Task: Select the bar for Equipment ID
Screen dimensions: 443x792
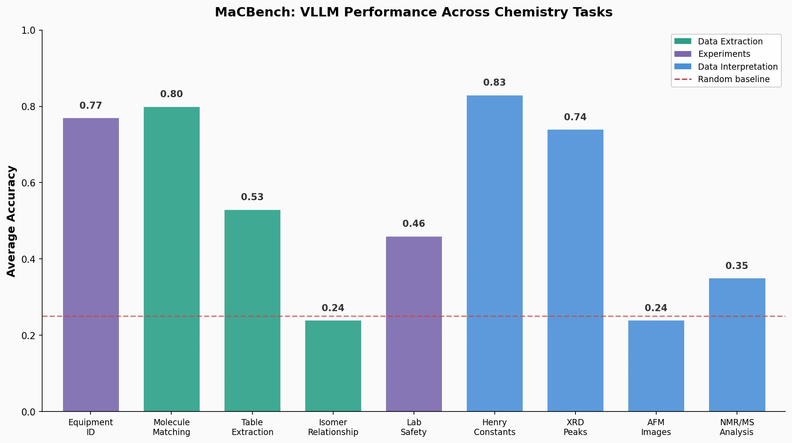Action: point(91,265)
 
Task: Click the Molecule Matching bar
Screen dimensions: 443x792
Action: point(172,259)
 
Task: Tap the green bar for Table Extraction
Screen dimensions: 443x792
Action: point(252,311)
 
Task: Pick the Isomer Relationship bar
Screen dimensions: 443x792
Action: point(333,366)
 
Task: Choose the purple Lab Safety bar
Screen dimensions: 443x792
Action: point(414,324)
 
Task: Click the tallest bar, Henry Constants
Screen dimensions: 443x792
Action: point(495,253)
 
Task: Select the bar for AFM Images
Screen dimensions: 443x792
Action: point(656,366)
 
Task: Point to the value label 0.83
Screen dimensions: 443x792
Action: point(495,83)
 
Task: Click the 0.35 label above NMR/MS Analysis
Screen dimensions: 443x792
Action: point(737,266)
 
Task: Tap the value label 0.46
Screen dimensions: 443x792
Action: point(414,224)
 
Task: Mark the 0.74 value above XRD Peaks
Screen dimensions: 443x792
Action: point(575,117)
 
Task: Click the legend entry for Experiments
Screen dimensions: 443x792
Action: point(724,54)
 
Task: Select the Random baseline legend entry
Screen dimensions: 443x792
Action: point(733,79)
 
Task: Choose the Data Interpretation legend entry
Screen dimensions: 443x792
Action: point(737,67)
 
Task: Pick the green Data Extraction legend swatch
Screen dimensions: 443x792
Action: point(683,41)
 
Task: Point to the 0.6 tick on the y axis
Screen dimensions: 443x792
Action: point(28,183)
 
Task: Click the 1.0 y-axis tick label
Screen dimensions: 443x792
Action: point(28,31)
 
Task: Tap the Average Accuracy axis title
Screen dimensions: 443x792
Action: point(12,221)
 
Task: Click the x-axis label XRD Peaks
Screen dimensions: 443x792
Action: point(575,427)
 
